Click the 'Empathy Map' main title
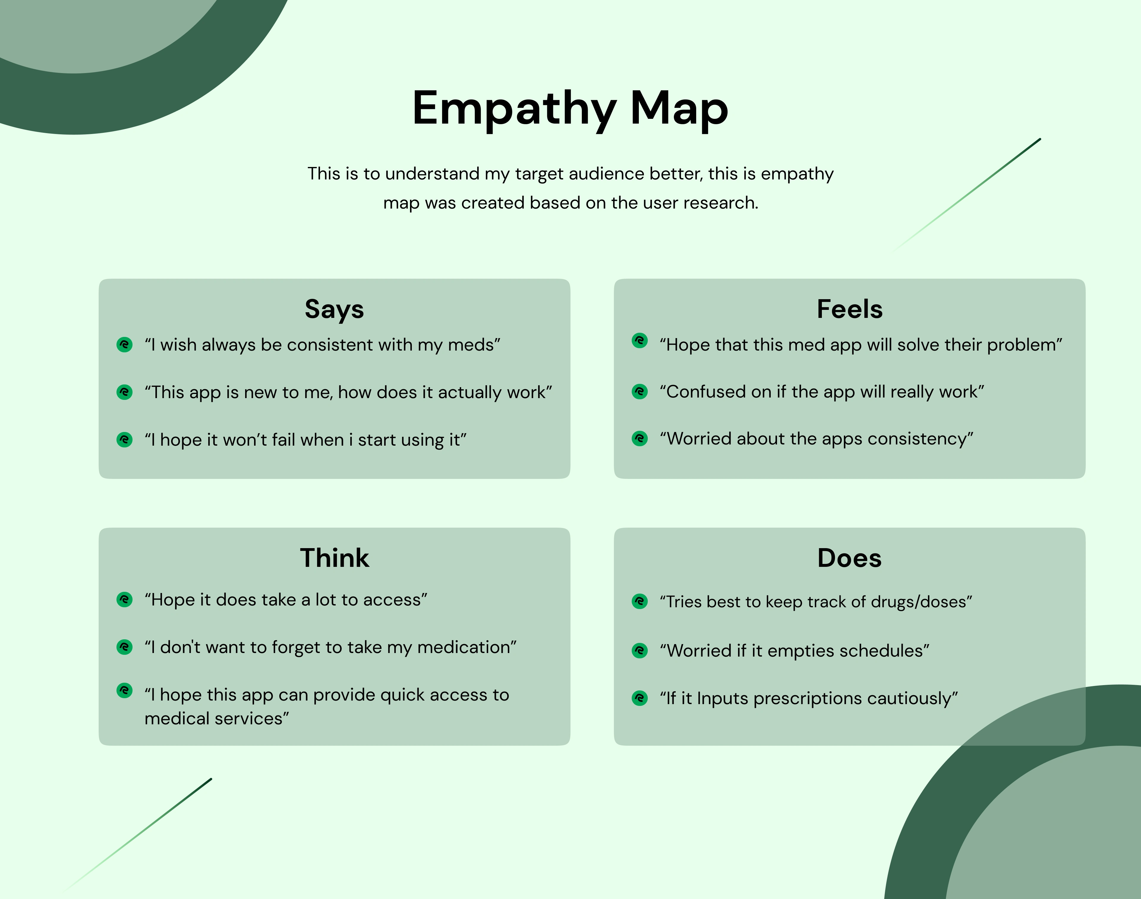(570, 109)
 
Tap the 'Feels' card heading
(850, 309)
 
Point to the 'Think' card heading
(335, 558)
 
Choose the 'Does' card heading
(850, 558)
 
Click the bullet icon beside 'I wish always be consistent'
(125, 345)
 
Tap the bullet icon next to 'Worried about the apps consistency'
(640, 439)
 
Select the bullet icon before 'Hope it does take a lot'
(125, 600)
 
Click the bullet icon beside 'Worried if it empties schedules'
(640, 651)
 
